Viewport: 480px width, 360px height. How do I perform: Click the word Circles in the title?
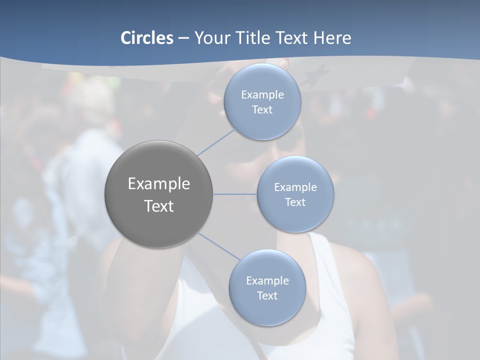(146, 38)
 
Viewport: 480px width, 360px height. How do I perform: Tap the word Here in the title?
(332, 38)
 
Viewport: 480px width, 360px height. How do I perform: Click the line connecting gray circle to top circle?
(216, 142)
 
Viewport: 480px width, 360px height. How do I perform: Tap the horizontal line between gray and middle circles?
(235, 194)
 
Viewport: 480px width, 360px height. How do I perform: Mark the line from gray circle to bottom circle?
(218, 246)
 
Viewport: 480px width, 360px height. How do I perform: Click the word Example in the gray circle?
(159, 184)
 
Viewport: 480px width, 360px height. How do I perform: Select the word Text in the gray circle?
(159, 206)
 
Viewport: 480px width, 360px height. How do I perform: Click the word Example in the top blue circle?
(262, 94)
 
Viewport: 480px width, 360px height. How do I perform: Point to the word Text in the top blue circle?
(262, 109)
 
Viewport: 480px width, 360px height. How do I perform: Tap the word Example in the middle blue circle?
(295, 187)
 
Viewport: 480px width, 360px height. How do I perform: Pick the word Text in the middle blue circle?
(295, 202)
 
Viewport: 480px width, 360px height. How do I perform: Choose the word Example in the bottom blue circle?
(267, 280)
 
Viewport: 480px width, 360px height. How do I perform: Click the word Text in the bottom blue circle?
(267, 295)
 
